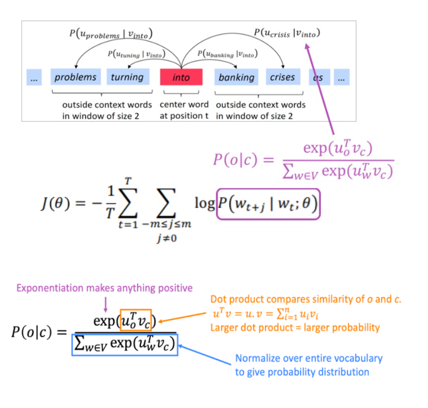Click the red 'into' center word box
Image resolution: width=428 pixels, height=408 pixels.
click(x=180, y=77)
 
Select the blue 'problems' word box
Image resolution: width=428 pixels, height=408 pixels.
click(x=75, y=77)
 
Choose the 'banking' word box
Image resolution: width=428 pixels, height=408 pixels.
click(x=236, y=77)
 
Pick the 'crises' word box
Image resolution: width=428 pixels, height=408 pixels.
click(x=282, y=77)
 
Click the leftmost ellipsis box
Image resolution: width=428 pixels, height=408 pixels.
click(x=34, y=78)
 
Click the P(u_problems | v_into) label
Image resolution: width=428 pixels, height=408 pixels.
click(x=111, y=34)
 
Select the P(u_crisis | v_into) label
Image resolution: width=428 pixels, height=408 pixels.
click(x=287, y=33)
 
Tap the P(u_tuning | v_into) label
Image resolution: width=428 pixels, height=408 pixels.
click(x=135, y=54)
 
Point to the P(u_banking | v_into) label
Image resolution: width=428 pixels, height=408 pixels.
click(x=228, y=54)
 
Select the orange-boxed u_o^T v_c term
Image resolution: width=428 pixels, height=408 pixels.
click(x=135, y=320)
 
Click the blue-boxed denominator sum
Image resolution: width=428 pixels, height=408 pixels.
click(x=125, y=345)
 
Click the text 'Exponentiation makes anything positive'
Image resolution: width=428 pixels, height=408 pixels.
click(x=104, y=288)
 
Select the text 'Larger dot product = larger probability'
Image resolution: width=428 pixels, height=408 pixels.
click(x=295, y=328)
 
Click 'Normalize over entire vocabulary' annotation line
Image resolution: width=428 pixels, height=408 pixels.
click(x=309, y=359)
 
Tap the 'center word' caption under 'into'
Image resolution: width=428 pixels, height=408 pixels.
click(x=184, y=105)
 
